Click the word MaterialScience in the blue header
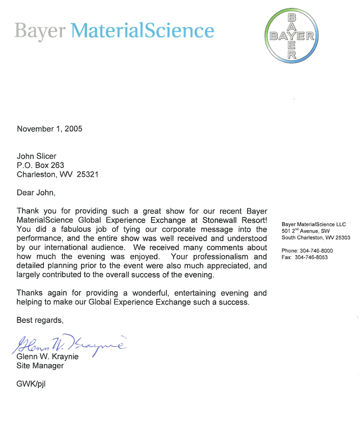click(x=142, y=31)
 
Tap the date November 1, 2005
click(x=49, y=129)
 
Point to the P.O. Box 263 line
click(x=41, y=165)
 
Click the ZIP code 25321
click(x=88, y=174)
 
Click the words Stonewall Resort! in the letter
click(x=236, y=220)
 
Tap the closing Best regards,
click(x=40, y=320)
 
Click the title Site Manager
click(x=40, y=365)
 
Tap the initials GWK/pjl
click(x=34, y=384)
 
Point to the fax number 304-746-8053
click(x=316, y=257)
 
